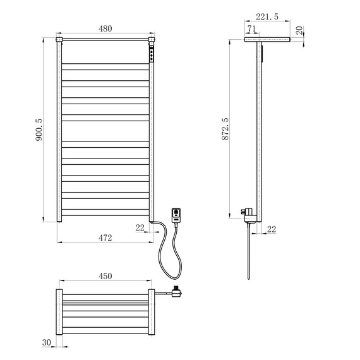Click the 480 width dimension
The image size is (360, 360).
[105, 28]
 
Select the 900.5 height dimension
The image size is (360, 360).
[39, 129]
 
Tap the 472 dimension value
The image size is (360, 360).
[105, 238]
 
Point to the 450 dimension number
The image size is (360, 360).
[105, 276]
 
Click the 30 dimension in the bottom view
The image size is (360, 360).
[47, 342]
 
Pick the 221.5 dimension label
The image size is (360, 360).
[267, 16]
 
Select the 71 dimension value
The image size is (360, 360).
[251, 28]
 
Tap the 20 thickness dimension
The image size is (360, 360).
[299, 30]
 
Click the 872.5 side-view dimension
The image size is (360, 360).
[225, 129]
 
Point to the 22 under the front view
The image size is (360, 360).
[140, 228]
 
